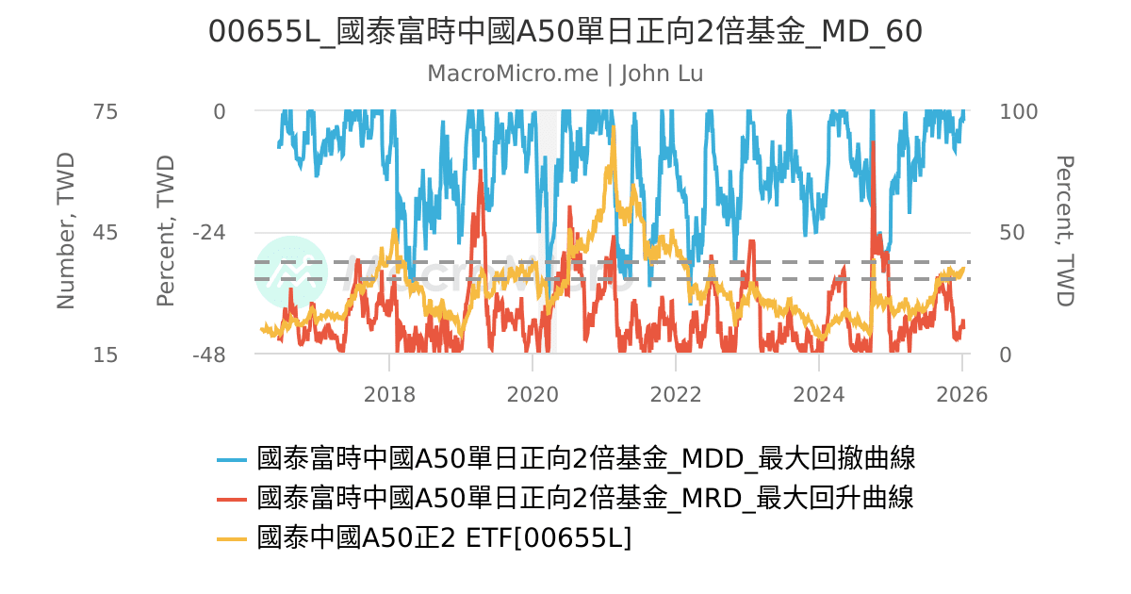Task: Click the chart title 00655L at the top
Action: pyautogui.click(x=565, y=32)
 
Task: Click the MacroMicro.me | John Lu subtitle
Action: pyautogui.click(x=565, y=74)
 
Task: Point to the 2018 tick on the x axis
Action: pyautogui.click(x=389, y=393)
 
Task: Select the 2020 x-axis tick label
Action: pyautogui.click(x=533, y=393)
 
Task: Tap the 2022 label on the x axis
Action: pyautogui.click(x=676, y=393)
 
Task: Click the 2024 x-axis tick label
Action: pyautogui.click(x=819, y=393)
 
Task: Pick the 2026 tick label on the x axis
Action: pyautogui.click(x=962, y=393)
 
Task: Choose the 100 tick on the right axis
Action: pyautogui.click(x=1018, y=111)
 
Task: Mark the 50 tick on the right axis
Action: pyautogui.click(x=1012, y=233)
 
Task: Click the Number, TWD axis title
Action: pyautogui.click(x=65, y=232)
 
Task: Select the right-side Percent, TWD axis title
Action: pyautogui.click(x=1065, y=232)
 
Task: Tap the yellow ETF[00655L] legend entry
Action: pyautogui.click(x=444, y=537)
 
